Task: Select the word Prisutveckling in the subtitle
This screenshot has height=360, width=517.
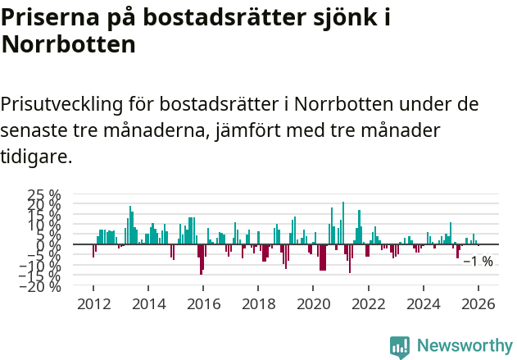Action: coord(61,105)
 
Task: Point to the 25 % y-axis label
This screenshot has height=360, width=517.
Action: coord(44,194)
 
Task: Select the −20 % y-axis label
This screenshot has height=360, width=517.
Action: coord(41,285)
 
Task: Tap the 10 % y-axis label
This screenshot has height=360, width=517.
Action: coord(44,224)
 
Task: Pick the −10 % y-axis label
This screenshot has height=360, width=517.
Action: coord(41,265)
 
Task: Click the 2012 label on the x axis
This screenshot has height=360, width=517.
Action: coord(93,304)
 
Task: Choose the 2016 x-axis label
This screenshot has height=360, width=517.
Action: coord(203,304)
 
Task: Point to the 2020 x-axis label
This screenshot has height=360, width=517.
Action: coord(313,304)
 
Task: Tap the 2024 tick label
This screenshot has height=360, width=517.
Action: coord(423,304)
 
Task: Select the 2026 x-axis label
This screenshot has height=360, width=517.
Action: coord(478,304)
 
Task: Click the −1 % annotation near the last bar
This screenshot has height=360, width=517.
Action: coord(478,262)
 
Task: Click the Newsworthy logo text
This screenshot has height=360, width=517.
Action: coord(464,346)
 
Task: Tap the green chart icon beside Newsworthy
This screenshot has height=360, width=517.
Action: coord(400,347)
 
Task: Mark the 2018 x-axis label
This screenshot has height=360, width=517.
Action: coord(258,304)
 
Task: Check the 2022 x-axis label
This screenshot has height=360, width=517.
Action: coord(368,304)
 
